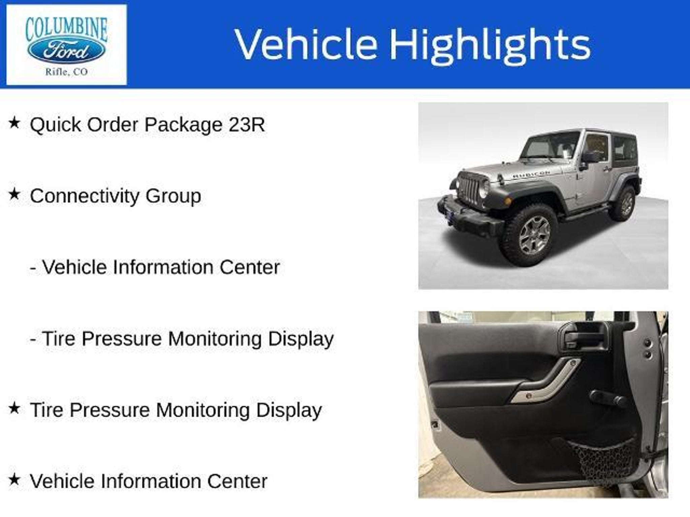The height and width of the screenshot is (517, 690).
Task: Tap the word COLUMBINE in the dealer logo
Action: pos(66,29)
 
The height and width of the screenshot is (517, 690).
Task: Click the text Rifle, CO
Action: pos(66,72)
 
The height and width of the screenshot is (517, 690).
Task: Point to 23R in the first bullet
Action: pos(247,125)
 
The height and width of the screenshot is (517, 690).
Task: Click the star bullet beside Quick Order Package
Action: pos(14,123)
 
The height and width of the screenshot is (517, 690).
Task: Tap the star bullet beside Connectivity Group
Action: pos(14,194)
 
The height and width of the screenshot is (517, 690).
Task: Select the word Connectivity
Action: pos(85,196)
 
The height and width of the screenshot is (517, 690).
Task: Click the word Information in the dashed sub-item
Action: pos(163,267)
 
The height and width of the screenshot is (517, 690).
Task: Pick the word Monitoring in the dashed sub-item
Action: pos(215,339)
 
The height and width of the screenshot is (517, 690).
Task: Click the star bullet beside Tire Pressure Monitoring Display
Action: pos(14,408)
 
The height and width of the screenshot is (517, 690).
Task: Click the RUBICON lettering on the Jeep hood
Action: pos(531,174)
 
